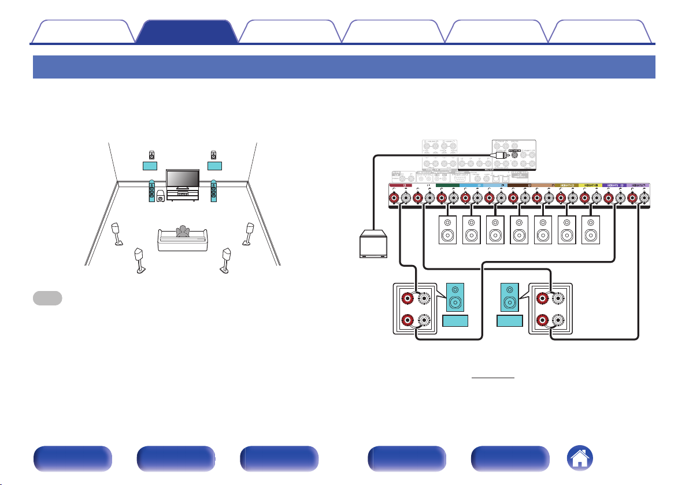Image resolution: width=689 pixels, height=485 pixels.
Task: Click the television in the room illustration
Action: tap(183, 179)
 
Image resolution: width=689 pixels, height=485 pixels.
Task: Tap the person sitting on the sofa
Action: tap(183, 232)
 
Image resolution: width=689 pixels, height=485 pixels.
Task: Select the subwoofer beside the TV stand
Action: tap(161, 196)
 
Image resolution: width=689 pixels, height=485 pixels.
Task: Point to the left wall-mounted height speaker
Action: tap(151, 155)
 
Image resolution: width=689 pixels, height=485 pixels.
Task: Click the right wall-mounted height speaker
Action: tap(214, 155)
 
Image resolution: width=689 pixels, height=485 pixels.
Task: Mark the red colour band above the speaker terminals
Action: tap(405, 186)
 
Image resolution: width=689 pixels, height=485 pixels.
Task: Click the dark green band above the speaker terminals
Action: tap(448, 186)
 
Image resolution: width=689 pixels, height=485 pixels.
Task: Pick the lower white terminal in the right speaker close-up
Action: tap(559, 320)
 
